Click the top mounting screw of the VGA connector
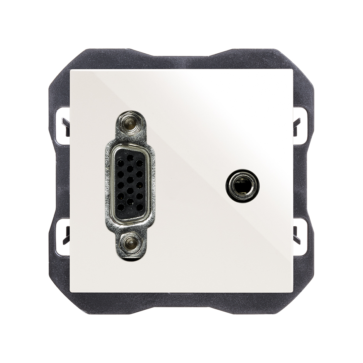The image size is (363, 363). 129,124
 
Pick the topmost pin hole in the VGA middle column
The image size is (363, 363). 130,158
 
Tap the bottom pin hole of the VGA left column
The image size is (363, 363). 120,207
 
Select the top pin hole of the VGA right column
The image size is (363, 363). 139,162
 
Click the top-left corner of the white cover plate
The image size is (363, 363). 71,70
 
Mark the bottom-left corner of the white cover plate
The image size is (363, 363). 71,292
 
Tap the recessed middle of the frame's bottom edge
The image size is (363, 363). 181,299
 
